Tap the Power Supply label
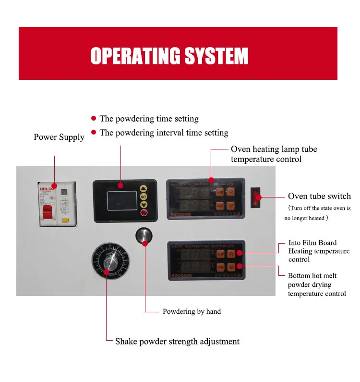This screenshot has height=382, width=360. pos(59,137)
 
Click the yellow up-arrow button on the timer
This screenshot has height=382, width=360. pos(143,189)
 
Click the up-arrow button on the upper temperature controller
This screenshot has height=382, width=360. pos(231,191)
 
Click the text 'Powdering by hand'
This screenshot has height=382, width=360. pos(192,311)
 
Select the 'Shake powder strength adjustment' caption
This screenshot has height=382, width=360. pos(177,342)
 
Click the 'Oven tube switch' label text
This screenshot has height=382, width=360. pos(319,196)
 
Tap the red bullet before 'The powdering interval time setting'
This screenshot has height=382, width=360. pos(94,133)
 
